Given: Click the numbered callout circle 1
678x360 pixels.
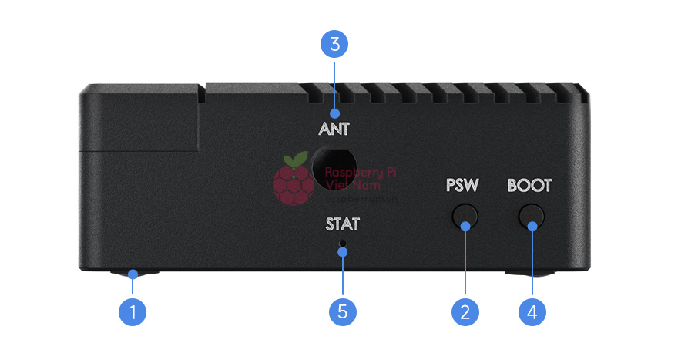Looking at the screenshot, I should click(133, 311).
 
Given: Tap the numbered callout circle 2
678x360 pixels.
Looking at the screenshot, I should click(465, 311).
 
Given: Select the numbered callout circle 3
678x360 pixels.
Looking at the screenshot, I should click(334, 44).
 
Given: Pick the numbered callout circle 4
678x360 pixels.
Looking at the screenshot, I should click(532, 311).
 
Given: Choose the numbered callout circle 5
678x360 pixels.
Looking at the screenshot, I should click(343, 311).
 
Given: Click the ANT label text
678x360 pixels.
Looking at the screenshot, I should click(334, 130).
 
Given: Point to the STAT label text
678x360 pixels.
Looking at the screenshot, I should click(342, 225).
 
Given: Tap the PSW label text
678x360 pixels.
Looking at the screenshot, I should click(462, 186).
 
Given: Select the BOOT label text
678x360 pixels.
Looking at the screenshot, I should click(529, 186).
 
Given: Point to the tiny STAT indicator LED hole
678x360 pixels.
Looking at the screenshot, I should click(343, 245).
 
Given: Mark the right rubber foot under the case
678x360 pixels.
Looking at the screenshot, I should click(531, 273).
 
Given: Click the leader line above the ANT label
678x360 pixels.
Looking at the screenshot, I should click(334, 85).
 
